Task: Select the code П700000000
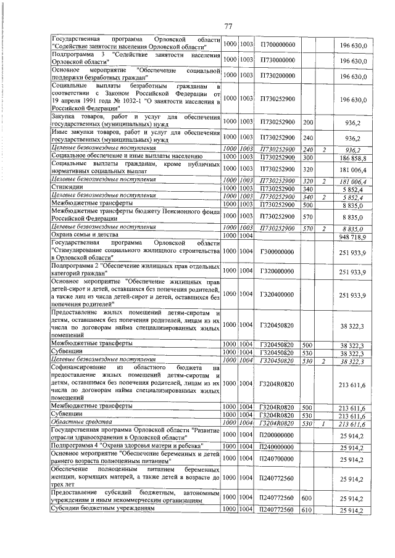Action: coord(278,46)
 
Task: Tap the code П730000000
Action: coord(278,60)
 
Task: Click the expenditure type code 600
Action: coord(308,498)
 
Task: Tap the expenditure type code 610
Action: coord(308,511)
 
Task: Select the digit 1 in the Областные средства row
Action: coord(325,423)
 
